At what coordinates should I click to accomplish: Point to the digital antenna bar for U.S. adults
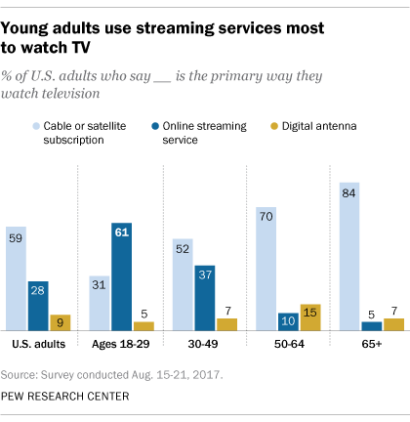[60, 322]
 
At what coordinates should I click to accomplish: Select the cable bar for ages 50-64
[266, 269]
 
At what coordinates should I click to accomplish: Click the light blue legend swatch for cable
[35, 126]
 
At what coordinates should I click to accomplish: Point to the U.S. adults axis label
[38, 345]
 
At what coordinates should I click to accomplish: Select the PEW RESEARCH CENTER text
[70, 397]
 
